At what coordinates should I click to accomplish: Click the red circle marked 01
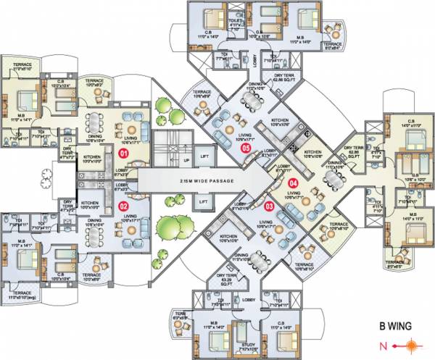[124, 154]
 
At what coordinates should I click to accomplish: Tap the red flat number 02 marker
[124, 205]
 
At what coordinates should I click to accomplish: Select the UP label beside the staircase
[186, 159]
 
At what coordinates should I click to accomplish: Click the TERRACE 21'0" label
[22, 67]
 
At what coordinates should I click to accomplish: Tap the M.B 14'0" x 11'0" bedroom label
[410, 215]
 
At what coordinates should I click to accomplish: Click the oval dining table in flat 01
[96, 125]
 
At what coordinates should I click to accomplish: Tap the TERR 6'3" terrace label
[201, 315]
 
